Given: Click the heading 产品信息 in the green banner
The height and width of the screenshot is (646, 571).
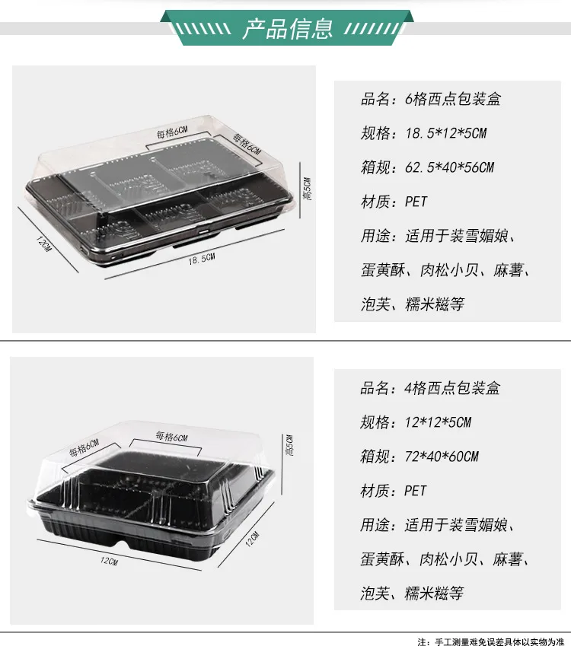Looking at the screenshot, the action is click(287, 28).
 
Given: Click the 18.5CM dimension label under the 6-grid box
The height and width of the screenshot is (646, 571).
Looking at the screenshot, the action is click(202, 259).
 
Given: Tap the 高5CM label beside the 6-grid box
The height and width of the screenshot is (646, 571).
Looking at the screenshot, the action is click(307, 189).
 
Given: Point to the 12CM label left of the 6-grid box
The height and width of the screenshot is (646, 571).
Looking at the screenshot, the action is click(43, 244).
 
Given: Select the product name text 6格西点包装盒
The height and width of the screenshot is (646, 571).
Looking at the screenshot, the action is click(453, 99).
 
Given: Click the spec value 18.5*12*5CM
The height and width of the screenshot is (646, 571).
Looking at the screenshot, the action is click(445, 133).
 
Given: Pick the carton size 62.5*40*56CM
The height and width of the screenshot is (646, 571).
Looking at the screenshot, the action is click(449, 167).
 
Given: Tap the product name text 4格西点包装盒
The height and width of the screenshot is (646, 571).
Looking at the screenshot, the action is click(452, 388).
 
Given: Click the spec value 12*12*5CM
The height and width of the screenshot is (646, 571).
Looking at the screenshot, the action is click(438, 422).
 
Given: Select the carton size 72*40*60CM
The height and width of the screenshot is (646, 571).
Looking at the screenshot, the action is click(442, 457).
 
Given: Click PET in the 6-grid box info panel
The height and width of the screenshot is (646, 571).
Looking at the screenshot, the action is click(416, 202).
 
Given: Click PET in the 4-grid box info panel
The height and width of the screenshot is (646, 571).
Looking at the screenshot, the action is click(415, 491).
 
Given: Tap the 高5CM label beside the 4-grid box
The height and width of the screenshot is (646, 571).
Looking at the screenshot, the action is click(290, 445).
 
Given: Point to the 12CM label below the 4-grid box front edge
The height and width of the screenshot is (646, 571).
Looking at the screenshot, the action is click(110, 561).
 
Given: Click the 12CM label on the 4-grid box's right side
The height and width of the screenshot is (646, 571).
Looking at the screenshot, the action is click(252, 539).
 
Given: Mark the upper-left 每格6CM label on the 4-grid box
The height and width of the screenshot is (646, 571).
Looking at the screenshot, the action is click(84, 448).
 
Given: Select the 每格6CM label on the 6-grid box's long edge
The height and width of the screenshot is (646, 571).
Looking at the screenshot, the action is click(172, 132).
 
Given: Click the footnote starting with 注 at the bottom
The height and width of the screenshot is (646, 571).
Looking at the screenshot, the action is click(490, 641).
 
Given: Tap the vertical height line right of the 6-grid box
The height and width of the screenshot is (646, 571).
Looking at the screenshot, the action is click(300, 190).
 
